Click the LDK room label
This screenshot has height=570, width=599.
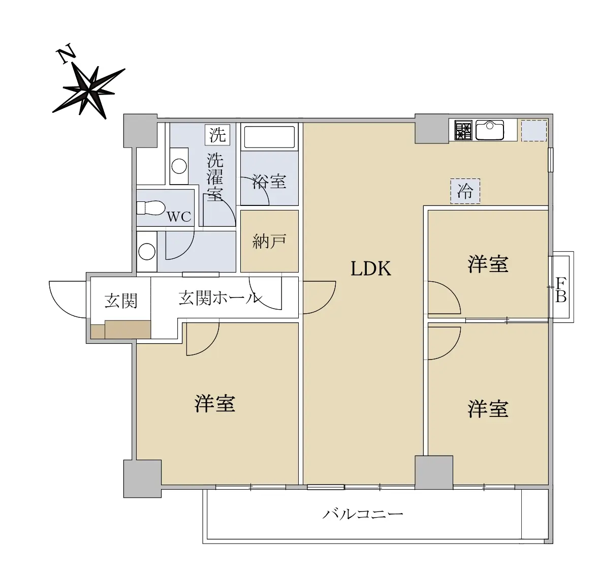371,268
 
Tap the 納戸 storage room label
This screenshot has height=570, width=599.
269,242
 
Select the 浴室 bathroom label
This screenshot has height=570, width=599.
269,181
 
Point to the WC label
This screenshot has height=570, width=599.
179,217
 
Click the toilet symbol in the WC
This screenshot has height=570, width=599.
150,207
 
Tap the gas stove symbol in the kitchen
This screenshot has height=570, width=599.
463,130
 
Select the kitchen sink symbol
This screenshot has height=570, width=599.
490,130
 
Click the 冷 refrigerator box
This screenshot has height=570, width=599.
465,191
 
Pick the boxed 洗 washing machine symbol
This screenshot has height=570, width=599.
217,135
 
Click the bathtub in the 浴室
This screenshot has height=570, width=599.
269,137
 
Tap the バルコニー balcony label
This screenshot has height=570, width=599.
363,514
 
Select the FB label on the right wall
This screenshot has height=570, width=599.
560,289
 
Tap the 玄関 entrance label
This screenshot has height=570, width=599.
121,301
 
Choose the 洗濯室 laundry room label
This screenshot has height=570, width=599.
215,176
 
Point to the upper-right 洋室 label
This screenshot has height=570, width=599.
488,264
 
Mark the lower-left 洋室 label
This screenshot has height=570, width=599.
215,404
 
